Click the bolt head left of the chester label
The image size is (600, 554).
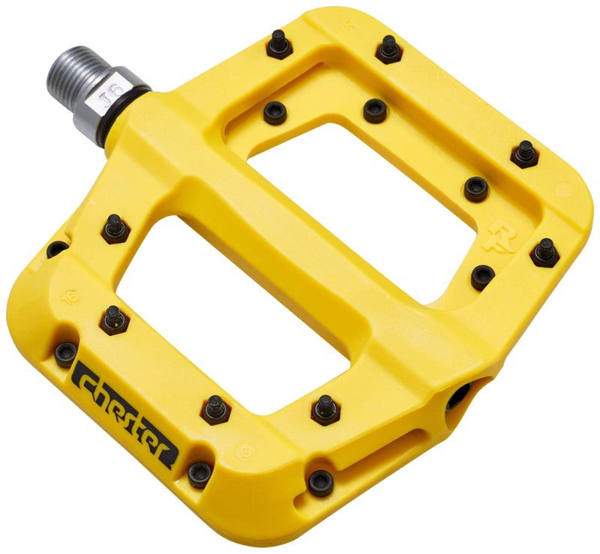(65, 352)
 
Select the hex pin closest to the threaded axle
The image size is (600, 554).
(278, 46)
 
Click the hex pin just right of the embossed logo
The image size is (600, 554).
(544, 252)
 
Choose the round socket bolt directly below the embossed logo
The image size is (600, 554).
(482, 277)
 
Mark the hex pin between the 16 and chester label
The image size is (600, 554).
(114, 319)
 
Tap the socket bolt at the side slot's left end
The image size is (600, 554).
(320, 484)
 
